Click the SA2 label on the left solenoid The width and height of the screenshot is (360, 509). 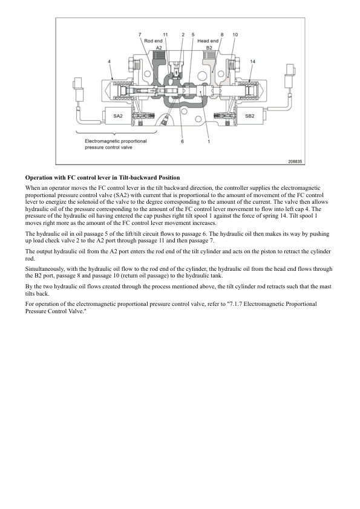coord(118,114)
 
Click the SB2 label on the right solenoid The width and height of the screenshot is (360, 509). coord(250,114)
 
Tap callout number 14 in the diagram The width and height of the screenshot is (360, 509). coord(252,62)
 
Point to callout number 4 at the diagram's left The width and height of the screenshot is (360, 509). coord(109,62)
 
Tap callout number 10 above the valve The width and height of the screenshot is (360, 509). coord(235,35)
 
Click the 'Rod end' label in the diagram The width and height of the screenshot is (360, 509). coord(153,41)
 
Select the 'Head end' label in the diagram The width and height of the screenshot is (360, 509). coord(208,41)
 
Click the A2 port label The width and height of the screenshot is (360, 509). coord(159,47)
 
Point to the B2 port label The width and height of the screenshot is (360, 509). coord(209,47)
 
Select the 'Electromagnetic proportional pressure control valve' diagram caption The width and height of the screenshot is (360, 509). coord(115,143)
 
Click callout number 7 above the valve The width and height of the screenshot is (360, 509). coord(140,35)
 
